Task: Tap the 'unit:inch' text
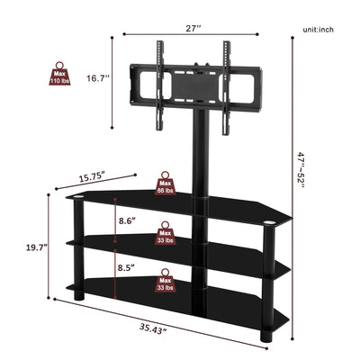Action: coord(320,31)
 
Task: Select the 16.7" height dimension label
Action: coord(98,78)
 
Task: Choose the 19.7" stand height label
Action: coord(36,246)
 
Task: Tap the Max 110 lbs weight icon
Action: coord(58,74)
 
